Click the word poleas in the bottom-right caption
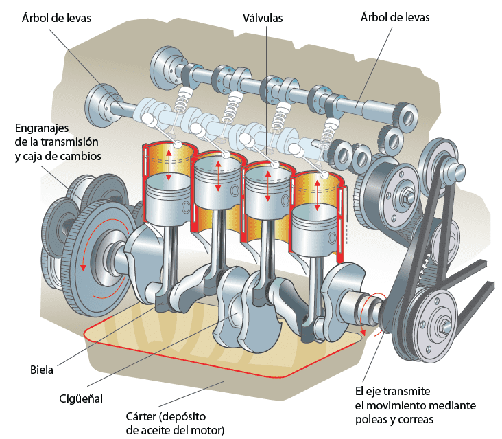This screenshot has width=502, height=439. (x=371, y=419)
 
